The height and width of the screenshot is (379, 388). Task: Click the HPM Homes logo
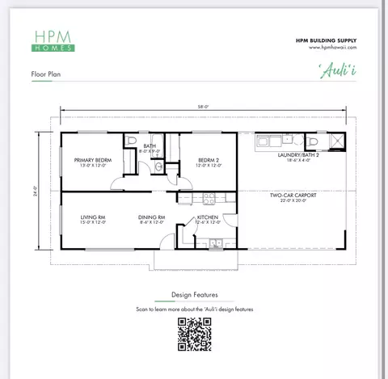coord(54,40)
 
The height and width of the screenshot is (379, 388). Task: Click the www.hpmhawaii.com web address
coord(332,47)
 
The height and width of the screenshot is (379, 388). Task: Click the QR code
coord(195,334)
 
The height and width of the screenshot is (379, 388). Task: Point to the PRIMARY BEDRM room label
coord(92,160)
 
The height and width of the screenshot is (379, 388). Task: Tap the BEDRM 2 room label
coord(208,160)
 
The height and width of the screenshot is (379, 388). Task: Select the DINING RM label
coord(151,217)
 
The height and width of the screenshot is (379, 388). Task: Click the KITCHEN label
coord(209,217)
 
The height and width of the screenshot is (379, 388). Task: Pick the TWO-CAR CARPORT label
coord(292,195)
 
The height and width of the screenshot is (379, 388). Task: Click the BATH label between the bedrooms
coord(150,146)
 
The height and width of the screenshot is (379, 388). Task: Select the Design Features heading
coord(194,295)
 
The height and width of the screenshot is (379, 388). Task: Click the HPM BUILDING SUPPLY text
coord(327,40)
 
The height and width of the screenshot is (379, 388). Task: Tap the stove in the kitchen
coord(207,196)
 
